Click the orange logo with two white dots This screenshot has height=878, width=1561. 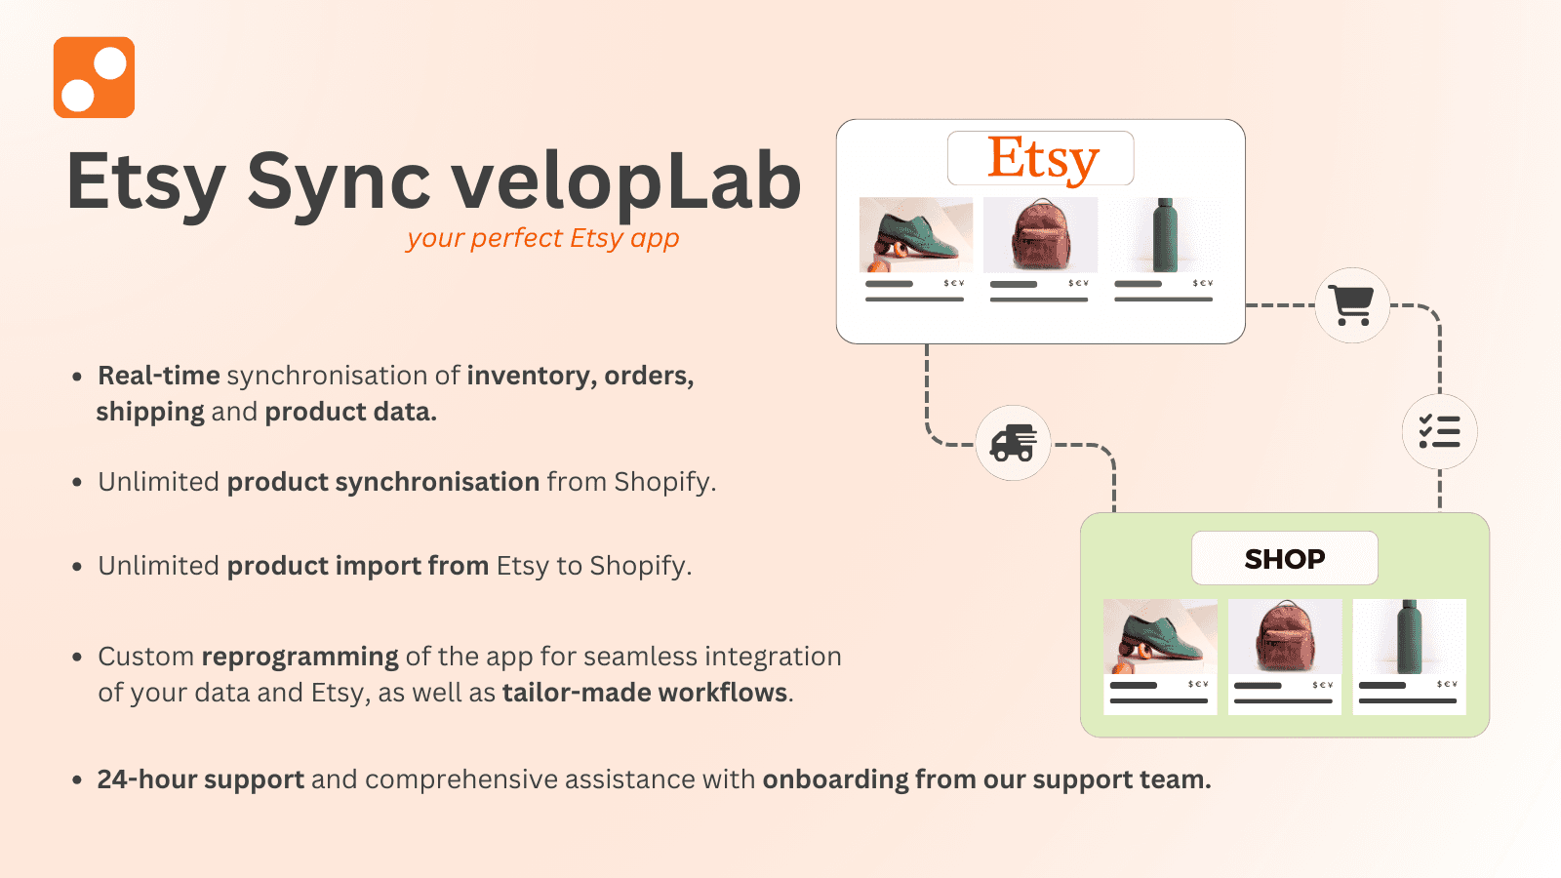pos(94,78)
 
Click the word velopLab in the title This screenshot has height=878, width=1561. pos(625,181)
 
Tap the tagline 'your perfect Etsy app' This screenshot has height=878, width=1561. pos(542,238)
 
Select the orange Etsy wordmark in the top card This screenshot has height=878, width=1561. pos(1042,158)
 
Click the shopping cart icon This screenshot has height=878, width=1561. pos(1352,305)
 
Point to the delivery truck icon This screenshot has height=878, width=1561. pos(1014,443)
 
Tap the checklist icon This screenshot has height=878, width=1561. pos(1439,431)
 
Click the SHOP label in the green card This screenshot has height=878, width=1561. pos(1285,559)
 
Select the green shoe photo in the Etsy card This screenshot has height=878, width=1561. pos(915,235)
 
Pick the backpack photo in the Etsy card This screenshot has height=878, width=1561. pos(1040,235)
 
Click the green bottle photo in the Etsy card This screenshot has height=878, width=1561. pos(1164,235)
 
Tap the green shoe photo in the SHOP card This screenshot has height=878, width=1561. pos(1160,636)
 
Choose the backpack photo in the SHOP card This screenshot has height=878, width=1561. pos(1285,636)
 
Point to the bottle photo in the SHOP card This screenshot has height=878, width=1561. pos(1409,636)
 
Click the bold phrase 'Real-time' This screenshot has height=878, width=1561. pos(159,376)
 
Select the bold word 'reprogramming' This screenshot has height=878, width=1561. pos(300,657)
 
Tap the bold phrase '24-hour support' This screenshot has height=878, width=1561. pos(200,779)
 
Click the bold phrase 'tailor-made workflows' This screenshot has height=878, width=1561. pos(645,693)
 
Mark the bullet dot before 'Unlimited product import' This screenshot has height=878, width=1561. pos(77,567)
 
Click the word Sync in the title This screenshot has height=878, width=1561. pos(338,181)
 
